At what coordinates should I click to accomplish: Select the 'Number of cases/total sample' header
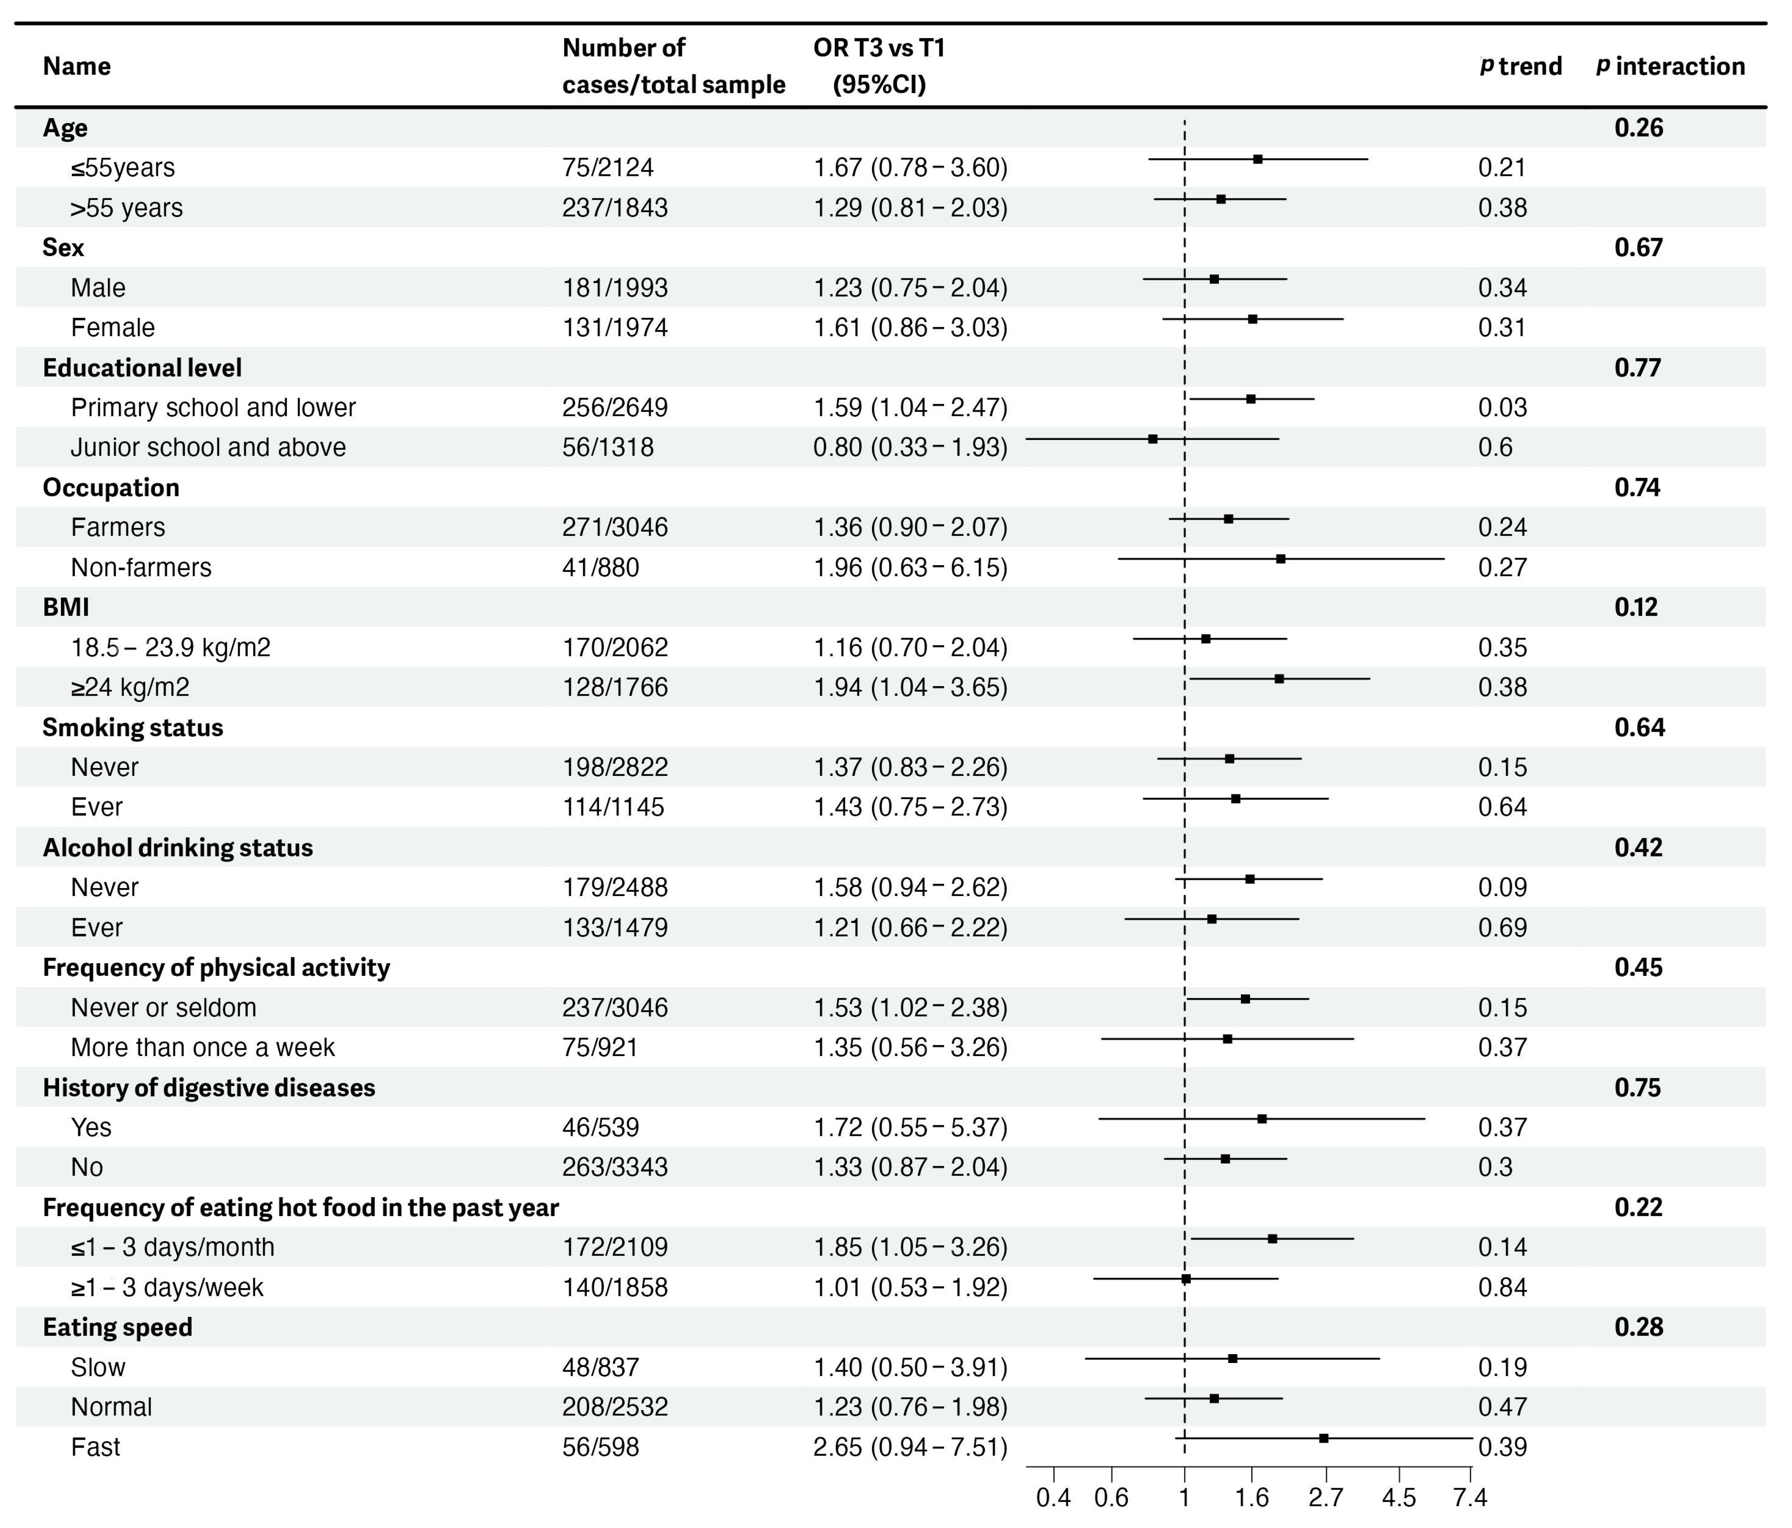pos(673,66)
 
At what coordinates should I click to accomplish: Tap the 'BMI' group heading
pos(66,607)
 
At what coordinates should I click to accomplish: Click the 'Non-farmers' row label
pos(141,567)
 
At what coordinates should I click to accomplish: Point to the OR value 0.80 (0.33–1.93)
pos(910,447)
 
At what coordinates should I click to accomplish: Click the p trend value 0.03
pos(1502,407)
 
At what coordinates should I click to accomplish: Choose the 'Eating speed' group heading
pos(118,1326)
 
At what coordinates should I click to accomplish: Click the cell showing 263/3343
pos(615,1166)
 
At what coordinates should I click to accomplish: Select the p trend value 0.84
pos(1502,1287)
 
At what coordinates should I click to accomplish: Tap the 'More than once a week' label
pos(202,1047)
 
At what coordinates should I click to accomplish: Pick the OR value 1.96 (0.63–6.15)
pos(910,567)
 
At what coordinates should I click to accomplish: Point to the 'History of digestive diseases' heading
pos(208,1087)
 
